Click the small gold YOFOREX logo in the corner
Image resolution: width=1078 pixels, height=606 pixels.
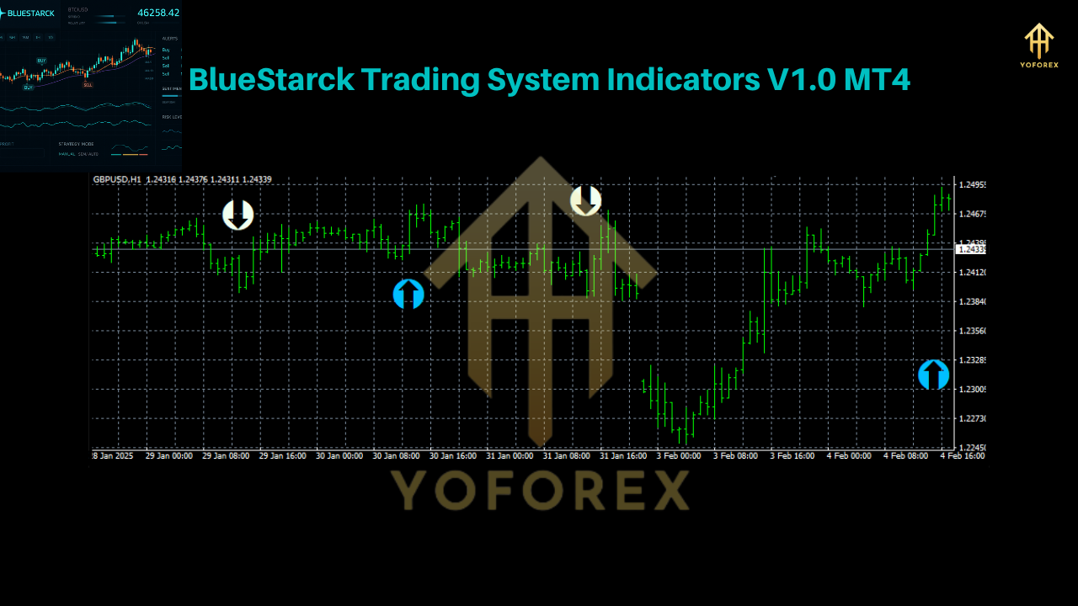(x=1039, y=45)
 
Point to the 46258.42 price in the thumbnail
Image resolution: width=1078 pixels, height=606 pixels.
(x=158, y=13)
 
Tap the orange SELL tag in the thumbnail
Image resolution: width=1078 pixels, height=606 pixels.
(x=88, y=84)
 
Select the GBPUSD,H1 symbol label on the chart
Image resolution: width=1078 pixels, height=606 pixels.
(x=117, y=179)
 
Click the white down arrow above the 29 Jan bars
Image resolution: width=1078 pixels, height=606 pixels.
(x=237, y=215)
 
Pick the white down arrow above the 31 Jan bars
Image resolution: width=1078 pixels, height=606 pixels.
(x=585, y=200)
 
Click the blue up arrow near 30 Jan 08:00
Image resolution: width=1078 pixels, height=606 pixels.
(x=408, y=294)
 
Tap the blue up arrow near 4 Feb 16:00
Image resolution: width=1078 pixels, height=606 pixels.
(x=933, y=375)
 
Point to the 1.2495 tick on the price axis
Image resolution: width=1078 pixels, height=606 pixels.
(x=971, y=184)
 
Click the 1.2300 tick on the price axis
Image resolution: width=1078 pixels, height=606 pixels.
(x=971, y=389)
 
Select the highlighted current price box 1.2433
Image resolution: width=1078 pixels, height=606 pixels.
(x=971, y=249)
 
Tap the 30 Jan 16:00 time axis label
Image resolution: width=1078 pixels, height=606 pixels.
(x=454, y=455)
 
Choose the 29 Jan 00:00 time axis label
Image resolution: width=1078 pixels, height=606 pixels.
(x=169, y=455)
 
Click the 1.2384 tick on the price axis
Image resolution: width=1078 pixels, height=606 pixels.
(x=971, y=301)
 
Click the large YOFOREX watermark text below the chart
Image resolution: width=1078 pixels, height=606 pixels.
(x=540, y=490)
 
